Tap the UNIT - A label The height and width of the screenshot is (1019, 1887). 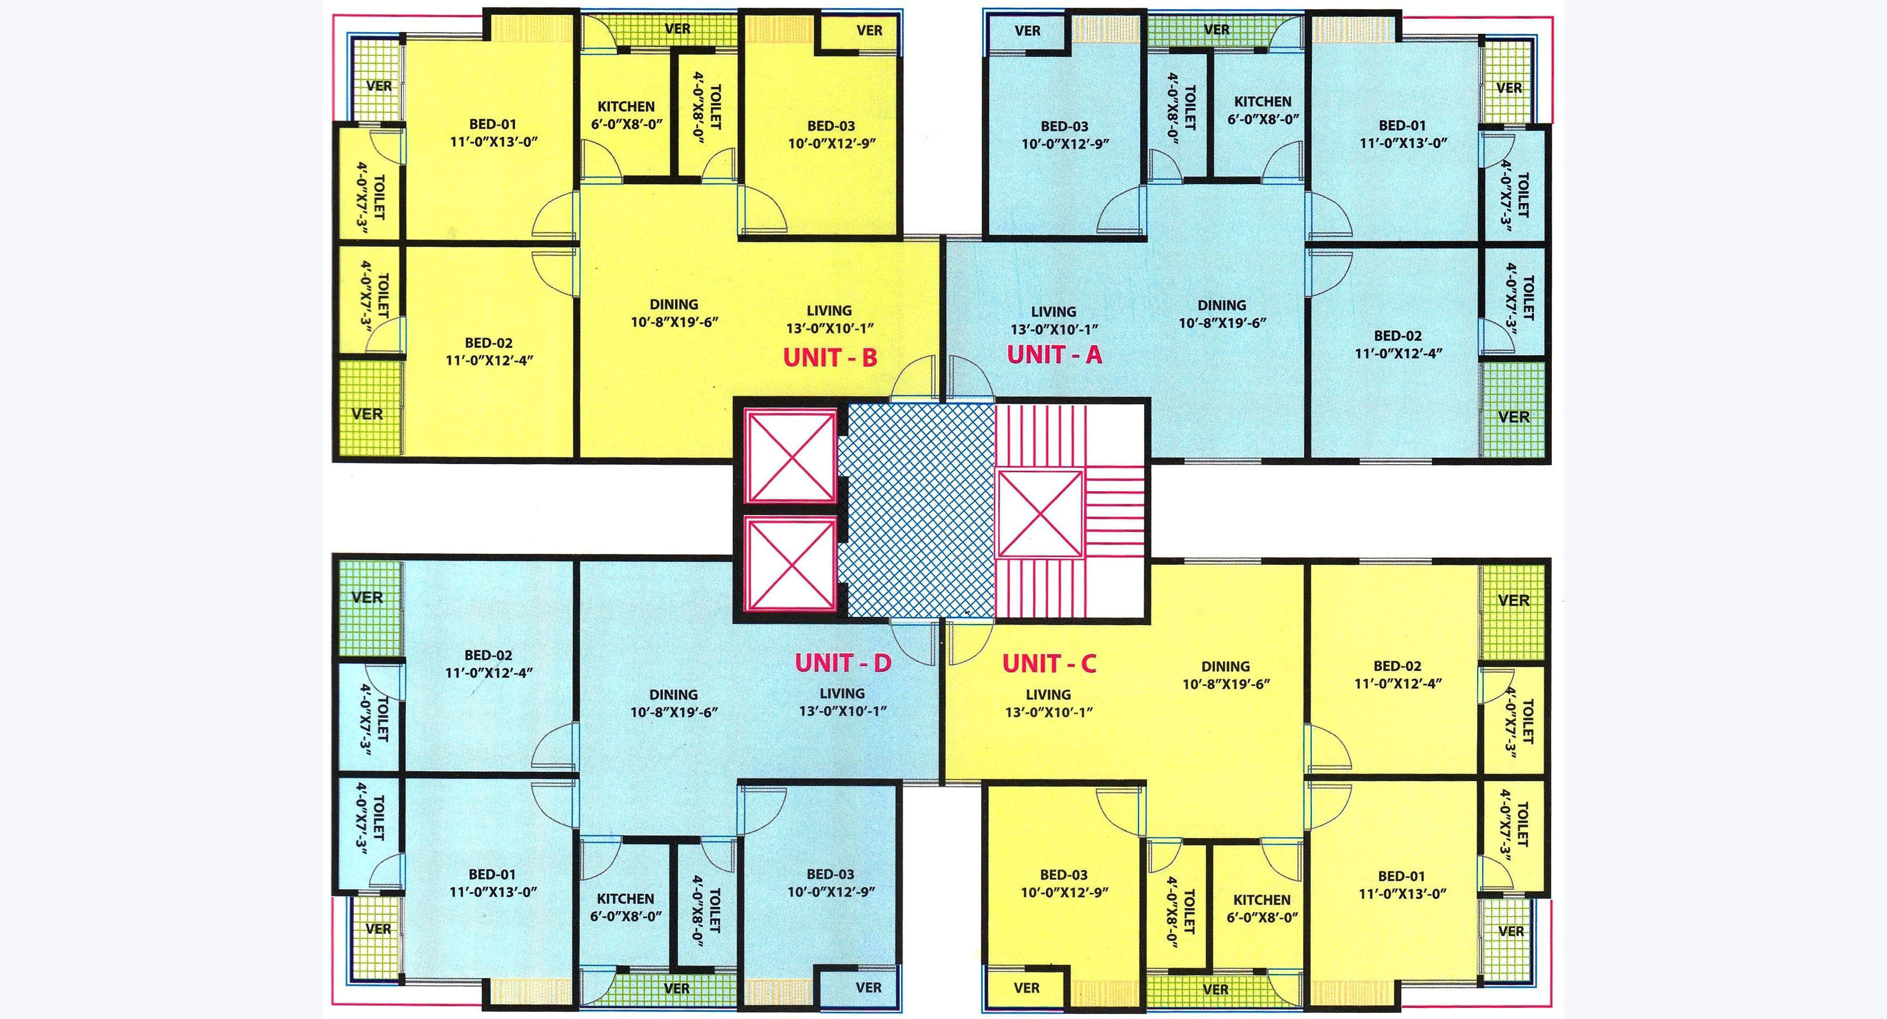(1054, 355)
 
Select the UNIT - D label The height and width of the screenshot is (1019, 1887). (843, 662)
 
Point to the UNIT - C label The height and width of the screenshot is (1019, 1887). (1049, 664)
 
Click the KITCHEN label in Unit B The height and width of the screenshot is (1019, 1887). (626, 106)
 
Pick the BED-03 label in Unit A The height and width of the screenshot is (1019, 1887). (1065, 126)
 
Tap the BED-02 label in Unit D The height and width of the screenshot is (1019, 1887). (488, 655)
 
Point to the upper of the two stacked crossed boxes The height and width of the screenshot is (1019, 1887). (790, 456)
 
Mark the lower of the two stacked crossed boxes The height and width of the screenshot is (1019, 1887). (790, 563)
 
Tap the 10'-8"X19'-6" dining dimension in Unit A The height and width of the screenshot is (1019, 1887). (1222, 323)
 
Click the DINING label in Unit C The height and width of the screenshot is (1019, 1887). (1226, 667)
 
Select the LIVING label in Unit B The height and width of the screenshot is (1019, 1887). (829, 310)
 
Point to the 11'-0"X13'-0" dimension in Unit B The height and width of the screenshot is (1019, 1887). (494, 142)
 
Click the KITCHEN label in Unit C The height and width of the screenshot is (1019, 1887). (1262, 900)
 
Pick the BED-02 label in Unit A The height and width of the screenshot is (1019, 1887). (1398, 335)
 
